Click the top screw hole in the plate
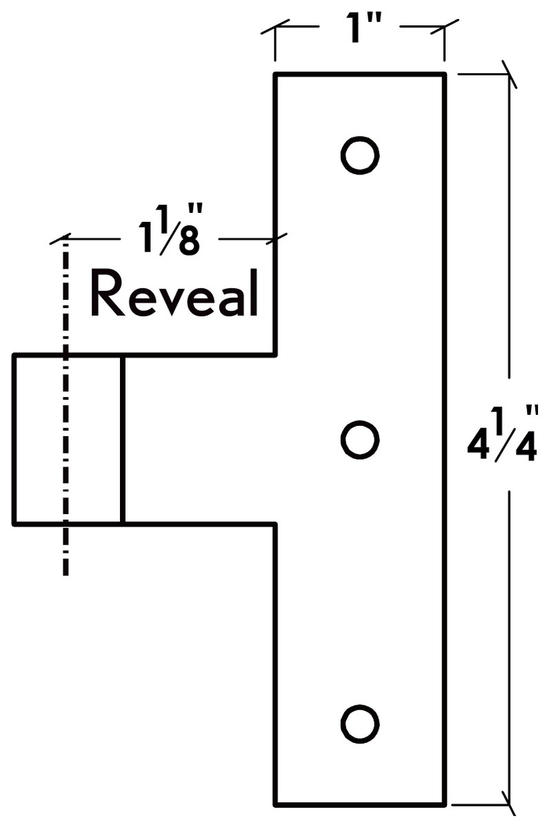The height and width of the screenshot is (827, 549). tap(360, 155)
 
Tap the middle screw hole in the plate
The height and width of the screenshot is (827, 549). tap(360, 440)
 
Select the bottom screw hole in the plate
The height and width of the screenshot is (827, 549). tap(360, 724)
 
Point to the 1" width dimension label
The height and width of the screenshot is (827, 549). tap(361, 28)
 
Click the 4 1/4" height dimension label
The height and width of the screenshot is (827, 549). tap(501, 433)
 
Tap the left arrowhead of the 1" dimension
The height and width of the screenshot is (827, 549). tap(275, 27)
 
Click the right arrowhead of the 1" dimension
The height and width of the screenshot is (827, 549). tap(444, 27)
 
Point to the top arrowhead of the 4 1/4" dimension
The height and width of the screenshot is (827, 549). tap(510, 74)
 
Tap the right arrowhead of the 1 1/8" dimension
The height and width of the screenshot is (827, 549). tap(276, 239)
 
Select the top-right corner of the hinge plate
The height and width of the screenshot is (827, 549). tap(445, 74)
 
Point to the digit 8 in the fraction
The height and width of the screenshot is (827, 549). tap(188, 241)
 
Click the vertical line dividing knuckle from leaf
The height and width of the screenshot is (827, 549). tap(123, 440)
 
